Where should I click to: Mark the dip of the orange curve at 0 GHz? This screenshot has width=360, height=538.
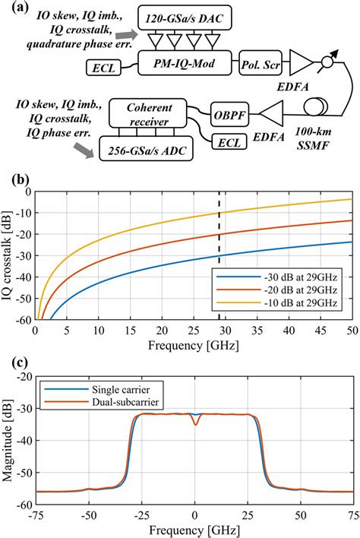tap(195, 424)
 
